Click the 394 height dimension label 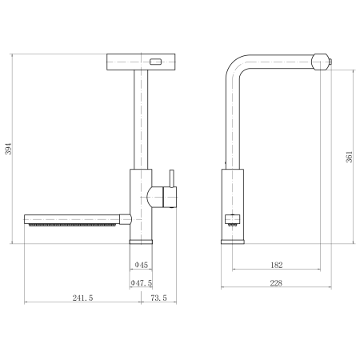pos(9,149)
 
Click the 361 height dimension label pos(349,157)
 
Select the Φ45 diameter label pos(141,265)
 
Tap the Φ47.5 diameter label pos(142,282)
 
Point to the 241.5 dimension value pos(82,298)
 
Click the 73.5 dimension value pos(158,298)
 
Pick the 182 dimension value pos(277,265)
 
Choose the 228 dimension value pos(276,283)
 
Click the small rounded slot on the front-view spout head pos(155,62)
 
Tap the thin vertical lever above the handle pos(172,178)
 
